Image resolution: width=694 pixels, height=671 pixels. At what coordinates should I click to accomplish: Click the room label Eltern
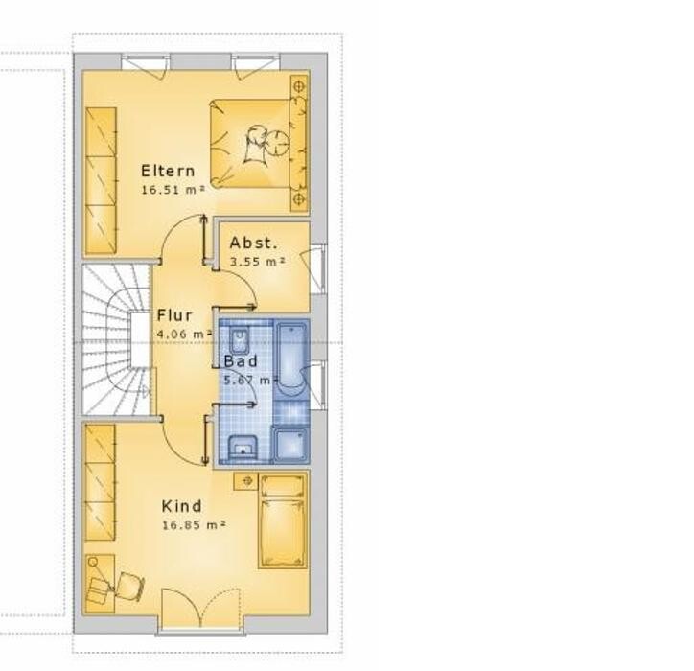[x=168, y=171]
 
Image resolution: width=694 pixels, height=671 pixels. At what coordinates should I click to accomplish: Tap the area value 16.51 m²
[x=173, y=190]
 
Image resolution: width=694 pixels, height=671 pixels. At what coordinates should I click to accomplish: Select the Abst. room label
[x=254, y=243]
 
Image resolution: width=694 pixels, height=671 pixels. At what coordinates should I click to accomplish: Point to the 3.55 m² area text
[x=257, y=262]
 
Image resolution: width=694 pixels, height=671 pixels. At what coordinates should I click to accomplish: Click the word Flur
[x=174, y=315]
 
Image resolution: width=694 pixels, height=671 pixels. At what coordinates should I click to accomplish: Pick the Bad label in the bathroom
[x=241, y=361]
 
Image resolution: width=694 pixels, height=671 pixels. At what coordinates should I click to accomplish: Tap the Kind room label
[x=181, y=506]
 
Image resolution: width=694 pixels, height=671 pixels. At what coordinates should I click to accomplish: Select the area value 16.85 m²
[x=194, y=525]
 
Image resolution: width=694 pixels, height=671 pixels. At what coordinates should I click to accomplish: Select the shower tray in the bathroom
[x=289, y=444]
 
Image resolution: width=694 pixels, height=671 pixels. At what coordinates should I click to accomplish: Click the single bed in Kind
[x=282, y=521]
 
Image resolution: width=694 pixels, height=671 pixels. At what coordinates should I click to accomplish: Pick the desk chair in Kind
[x=131, y=586]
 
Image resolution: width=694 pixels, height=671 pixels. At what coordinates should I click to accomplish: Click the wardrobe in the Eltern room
[x=101, y=181]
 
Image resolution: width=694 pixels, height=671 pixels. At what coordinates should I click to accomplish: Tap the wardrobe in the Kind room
[x=100, y=482]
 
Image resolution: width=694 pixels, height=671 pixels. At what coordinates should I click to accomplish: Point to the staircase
[x=117, y=340]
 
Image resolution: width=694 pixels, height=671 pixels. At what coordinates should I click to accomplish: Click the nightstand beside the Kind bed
[x=245, y=480]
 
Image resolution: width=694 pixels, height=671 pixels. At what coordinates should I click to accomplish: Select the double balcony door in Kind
[x=201, y=609]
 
